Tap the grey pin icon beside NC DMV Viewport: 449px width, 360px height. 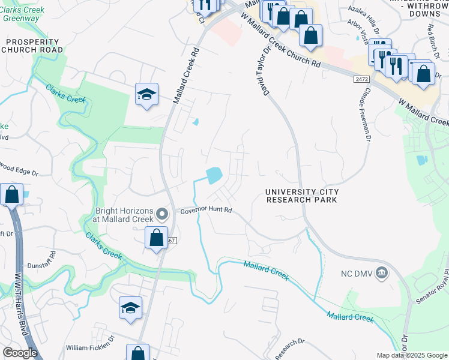(x=381, y=274)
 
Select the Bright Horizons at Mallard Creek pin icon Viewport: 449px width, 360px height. (x=161, y=214)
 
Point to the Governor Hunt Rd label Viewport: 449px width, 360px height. (x=206, y=211)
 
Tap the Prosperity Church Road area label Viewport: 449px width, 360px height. (x=33, y=46)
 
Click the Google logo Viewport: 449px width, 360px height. (x=20, y=353)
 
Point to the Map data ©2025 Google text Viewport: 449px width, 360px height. (x=411, y=355)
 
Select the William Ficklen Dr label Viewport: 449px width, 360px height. (x=89, y=347)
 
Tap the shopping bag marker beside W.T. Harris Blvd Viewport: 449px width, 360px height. (x=11, y=194)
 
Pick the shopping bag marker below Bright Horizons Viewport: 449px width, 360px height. (x=156, y=238)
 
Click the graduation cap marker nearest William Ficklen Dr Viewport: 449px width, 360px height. (x=130, y=308)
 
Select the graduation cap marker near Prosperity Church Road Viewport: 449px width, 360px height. (x=146, y=95)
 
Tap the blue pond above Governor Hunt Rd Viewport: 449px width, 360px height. (x=214, y=175)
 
